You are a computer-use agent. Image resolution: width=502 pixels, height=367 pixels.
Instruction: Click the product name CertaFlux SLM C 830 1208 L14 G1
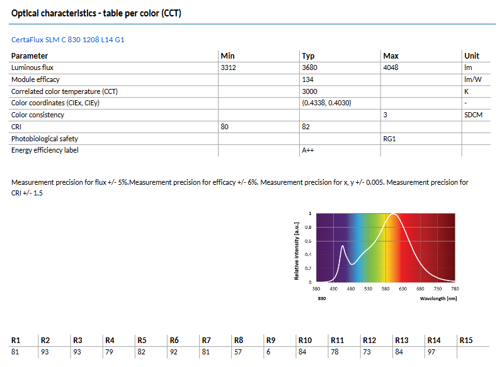[68, 40]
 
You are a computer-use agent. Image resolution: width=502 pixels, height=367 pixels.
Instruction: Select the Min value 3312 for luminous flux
[229, 67]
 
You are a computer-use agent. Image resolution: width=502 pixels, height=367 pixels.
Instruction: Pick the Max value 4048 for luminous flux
[391, 67]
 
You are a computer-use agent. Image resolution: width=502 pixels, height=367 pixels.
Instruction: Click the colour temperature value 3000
[309, 91]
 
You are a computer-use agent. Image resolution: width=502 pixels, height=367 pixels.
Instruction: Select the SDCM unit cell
[473, 115]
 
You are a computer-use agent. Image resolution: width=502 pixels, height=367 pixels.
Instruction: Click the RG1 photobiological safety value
[389, 138]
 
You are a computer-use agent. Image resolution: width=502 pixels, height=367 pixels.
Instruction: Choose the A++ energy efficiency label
[308, 150]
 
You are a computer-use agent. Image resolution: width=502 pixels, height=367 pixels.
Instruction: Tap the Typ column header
[308, 55]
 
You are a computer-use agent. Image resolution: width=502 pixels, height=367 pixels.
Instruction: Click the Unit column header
[471, 55]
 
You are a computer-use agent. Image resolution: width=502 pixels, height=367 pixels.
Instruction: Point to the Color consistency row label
[37, 115]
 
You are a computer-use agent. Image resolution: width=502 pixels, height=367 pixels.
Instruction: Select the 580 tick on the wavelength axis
[385, 289]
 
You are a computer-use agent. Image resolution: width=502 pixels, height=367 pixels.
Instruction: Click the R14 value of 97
[432, 352]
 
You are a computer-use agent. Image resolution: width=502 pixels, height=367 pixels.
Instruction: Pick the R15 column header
[466, 340]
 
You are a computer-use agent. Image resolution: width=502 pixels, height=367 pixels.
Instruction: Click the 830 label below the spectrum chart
[322, 298]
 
